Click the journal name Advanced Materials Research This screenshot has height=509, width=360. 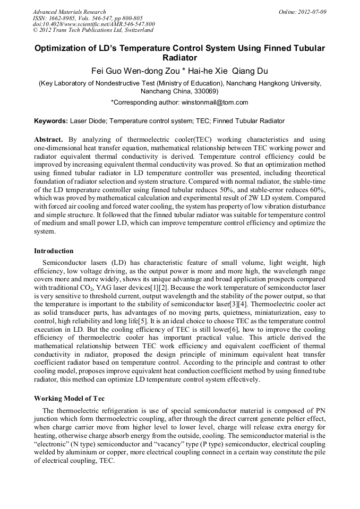69,12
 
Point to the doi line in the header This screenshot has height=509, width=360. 93,24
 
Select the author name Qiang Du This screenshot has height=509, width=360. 247,71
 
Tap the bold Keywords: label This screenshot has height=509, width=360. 52,121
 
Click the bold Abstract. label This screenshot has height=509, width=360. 51,139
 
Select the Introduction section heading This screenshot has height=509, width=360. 54,251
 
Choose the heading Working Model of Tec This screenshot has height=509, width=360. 69,398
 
